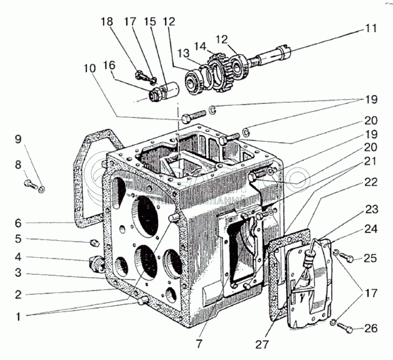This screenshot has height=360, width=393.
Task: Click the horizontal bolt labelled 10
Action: point(193,114)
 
